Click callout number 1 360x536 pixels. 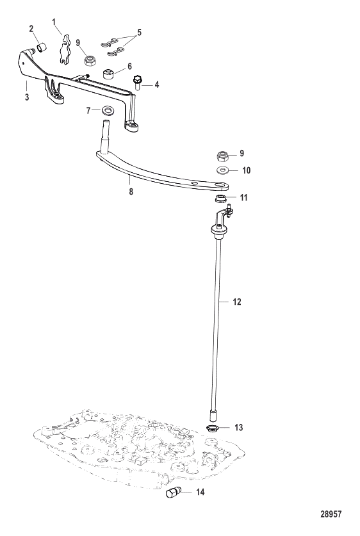(54, 22)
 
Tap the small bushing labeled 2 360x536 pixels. (42, 47)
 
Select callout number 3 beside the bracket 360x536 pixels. (27, 97)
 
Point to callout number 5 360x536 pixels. (139, 33)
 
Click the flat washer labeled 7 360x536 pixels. (108, 110)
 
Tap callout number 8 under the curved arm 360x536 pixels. (131, 191)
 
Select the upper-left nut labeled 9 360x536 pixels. (90, 61)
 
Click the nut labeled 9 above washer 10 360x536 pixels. (224, 157)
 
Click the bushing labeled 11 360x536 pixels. (221, 199)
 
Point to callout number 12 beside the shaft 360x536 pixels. (237, 302)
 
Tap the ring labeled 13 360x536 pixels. (213, 428)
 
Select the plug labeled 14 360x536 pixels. (173, 492)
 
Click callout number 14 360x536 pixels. (200, 492)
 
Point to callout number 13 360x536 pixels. (239, 427)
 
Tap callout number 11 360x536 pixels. (243, 198)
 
